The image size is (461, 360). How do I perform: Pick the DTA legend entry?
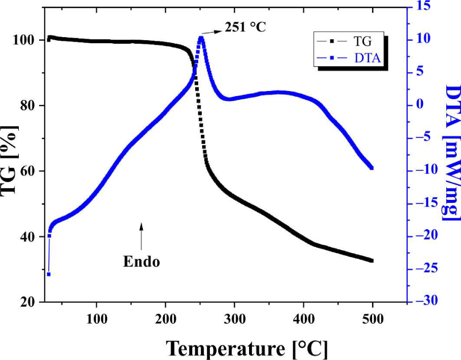(x=350, y=58)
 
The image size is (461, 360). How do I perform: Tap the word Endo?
(x=141, y=262)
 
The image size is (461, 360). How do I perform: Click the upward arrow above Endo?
(x=141, y=236)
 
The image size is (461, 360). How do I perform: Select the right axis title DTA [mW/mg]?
(x=451, y=153)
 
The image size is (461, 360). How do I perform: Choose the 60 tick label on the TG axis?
(x=26, y=171)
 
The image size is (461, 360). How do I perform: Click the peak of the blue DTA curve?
(x=201, y=38)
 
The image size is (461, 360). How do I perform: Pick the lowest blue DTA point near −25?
(x=49, y=274)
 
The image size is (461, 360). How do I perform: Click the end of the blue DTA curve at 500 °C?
(x=372, y=168)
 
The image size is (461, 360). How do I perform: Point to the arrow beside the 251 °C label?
(x=212, y=31)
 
